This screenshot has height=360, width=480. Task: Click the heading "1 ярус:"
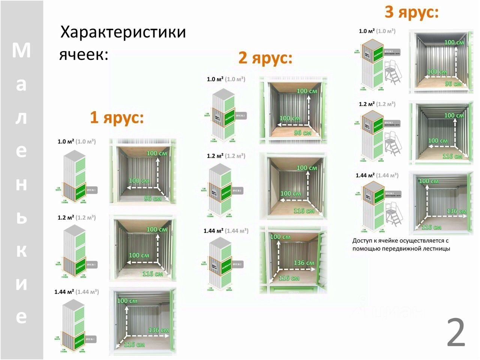117,118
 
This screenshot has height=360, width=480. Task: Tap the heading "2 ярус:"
265,58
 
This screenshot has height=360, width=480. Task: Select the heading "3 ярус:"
411,12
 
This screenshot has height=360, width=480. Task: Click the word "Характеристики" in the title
123,32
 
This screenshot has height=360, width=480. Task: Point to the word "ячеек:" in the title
84,55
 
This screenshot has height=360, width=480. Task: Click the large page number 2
456,333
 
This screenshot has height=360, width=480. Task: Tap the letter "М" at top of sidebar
21,51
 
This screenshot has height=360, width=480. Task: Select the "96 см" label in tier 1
153,198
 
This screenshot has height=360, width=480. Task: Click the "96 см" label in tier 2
303,133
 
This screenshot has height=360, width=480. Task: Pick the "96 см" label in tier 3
453,84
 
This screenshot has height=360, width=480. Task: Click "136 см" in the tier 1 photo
159,330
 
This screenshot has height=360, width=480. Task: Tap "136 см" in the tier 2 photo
304,263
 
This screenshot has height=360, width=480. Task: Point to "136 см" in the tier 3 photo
457,211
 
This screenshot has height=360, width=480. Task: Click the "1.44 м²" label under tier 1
64,292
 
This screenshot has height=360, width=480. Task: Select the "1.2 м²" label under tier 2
215,156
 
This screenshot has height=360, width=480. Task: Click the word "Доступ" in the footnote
363,241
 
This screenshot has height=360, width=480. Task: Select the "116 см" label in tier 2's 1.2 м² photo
304,211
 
